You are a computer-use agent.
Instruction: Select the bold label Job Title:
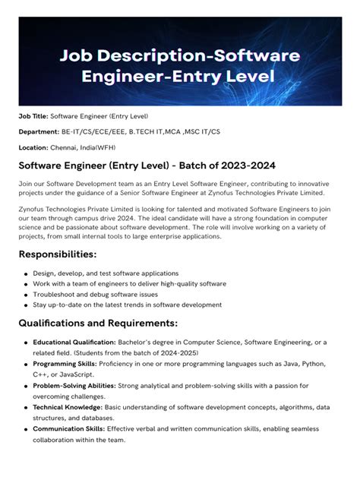point(33,116)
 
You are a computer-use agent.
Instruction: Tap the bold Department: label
point(39,131)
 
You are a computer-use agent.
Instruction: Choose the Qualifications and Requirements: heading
point(98,324)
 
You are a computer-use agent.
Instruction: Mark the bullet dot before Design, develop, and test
point(26,274)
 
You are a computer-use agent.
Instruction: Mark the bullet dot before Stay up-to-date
point(26,305)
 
